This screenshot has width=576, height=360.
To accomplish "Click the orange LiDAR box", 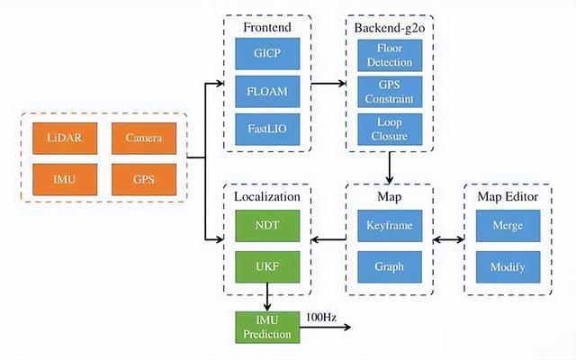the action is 65,138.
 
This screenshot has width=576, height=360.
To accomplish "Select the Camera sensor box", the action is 144,138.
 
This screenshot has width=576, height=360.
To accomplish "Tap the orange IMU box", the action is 65,180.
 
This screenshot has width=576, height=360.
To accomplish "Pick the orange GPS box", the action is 144,180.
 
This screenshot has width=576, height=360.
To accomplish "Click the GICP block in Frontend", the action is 267,54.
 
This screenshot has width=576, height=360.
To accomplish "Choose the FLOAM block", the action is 267,92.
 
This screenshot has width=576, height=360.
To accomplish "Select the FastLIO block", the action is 267,130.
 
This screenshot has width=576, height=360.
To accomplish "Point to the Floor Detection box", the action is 390,56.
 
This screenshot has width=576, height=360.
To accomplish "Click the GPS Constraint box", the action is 390,92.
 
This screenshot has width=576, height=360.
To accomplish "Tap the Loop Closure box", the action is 390,130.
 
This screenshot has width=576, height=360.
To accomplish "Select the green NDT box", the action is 267,226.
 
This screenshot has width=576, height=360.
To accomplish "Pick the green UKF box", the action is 267,267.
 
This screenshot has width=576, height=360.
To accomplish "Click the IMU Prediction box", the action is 267,328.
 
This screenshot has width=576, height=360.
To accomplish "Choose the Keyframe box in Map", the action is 390,226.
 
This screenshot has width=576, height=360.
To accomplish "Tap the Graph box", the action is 390,267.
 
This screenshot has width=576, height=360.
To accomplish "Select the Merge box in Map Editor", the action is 508,226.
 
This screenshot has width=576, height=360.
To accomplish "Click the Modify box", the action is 508,267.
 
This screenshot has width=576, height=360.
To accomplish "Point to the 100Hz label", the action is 321,318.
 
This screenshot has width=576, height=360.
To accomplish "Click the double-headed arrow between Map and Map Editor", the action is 448,240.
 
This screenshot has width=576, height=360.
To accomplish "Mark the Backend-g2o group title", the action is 390,28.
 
